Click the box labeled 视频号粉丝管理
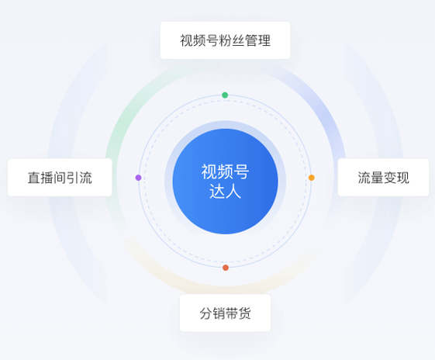pyautogui.click(x=226, y=40)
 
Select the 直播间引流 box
pyautogui.click(x=60, y=178)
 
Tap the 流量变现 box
pyautogui.click(x=383, y=178)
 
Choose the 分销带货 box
pyautogui.click(x=226, y=313)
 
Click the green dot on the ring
pyautogui.click(x=225, y=95)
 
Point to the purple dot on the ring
pyautogui.click(x=139, y=178)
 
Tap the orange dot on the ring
pyautogui.click(x=312, y=178)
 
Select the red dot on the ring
pyautogui.click(x=226, y=268)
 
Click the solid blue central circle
pyautogui.click(x=226, y=182)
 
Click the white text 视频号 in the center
pyautogui.click(x=226, y=171)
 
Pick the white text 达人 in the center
pyautogui.click(x=226, y=191)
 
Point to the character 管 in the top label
pyautogui.click(x=251, y=40)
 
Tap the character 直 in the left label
pyautogui.click(x=34, y=178)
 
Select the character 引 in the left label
pyautogui.click(x=73, y=178)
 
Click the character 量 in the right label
pyautogui.click(x=377, y=178)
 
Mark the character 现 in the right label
pyautogui.click(x=402, y=178)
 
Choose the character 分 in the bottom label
pyautogui.click(x=206, y=313)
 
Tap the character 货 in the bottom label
pyautogui.click(x=245, y=313)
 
